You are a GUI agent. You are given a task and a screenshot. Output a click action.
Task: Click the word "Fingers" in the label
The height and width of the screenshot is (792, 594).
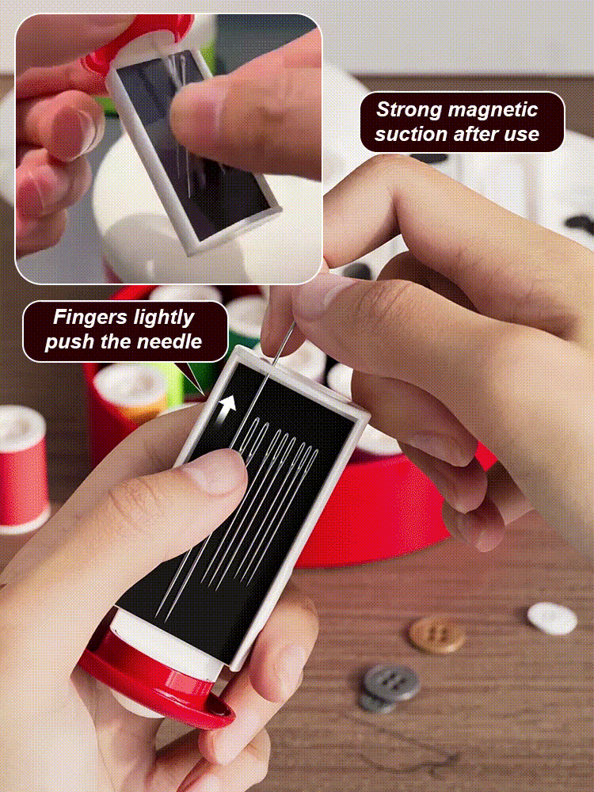pyautogui.click(x=90, y=318)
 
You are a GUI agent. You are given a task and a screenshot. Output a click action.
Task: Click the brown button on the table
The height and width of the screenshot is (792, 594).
pyautogui.click(x=437, y=635)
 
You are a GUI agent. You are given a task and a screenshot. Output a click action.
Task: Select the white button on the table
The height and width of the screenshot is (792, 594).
pyautogui.click(x=552, y=619)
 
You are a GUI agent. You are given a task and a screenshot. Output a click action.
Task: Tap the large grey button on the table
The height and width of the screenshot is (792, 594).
pyautogui.click(x=391, y=683)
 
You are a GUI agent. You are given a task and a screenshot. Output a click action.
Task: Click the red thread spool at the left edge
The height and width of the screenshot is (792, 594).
pyautogui.click(x=21, y=470)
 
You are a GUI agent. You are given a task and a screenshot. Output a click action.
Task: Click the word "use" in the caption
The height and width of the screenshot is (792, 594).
pyautogui.click(x=523, y=135)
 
